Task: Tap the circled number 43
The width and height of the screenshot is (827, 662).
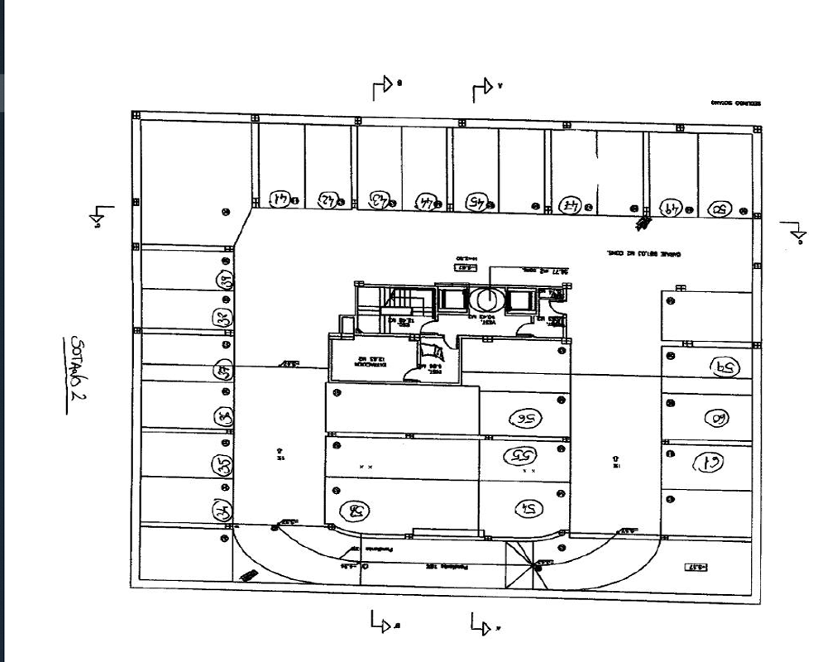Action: point(380,200)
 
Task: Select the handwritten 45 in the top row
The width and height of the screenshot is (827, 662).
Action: point(479,201)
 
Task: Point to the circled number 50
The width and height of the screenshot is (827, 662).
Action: point(718,209)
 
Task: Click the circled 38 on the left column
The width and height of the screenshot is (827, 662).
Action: point(223,281)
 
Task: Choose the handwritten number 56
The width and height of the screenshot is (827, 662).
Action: point(522,419)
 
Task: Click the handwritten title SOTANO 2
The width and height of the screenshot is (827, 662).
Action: point(80,367)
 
